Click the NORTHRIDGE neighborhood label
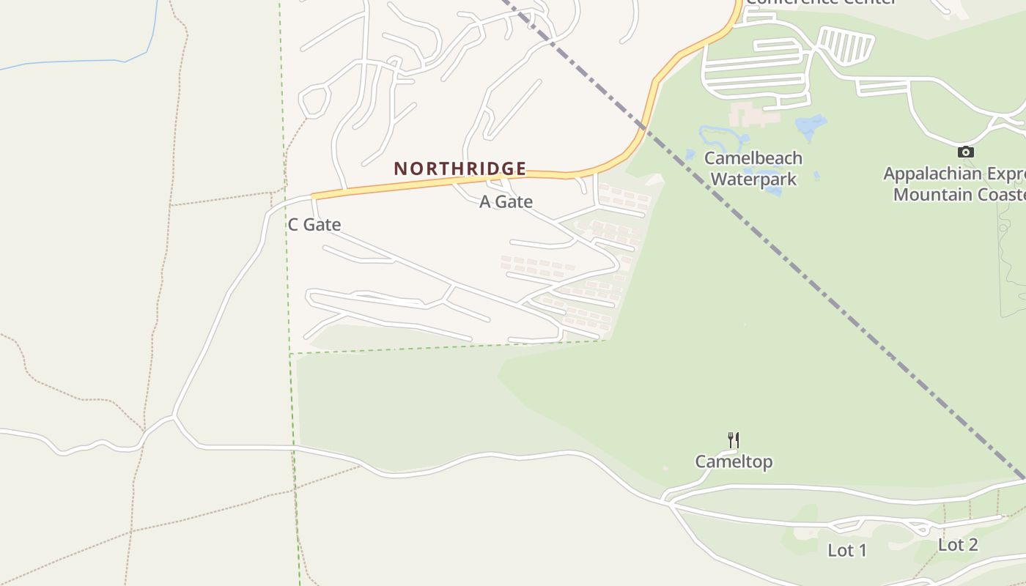pos(460,168)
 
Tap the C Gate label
pos(314,225)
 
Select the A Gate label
pos(506,201)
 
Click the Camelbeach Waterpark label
pos(753,168)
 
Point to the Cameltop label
pos(734,461)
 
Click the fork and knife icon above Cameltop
pos(734,439)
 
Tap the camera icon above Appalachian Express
pos(966,152)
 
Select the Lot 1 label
pos(847,550)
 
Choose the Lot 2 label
pos(958,545)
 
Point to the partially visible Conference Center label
pos(821,2)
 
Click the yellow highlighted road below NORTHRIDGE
pos(440,182)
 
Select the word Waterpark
pos(753,179)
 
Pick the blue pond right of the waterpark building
pos(811,126)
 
